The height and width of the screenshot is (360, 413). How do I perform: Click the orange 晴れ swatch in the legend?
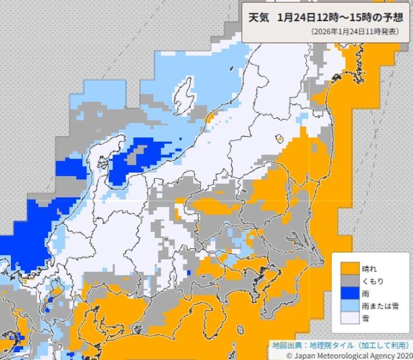[348, 269]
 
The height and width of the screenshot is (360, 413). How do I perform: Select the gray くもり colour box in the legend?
[348, 281]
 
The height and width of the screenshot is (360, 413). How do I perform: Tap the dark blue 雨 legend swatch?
[348, 293]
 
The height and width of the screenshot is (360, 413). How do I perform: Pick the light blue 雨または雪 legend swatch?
[348, 306]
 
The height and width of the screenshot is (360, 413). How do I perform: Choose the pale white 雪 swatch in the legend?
[348, 318]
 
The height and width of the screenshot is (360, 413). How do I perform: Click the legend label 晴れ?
[371, 269]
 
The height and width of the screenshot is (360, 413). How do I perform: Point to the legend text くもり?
[373, 281]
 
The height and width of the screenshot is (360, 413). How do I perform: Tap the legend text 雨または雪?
[381, 306]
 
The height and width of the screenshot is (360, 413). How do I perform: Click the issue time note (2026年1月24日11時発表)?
[355, 32]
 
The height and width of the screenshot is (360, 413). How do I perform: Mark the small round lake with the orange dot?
[279, 138]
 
